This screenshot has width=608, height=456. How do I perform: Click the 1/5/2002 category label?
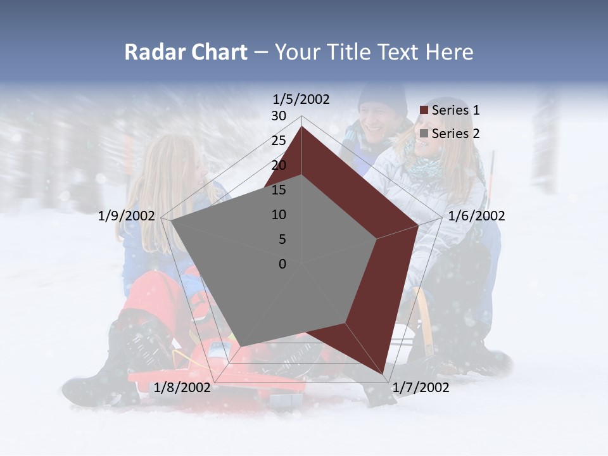301,99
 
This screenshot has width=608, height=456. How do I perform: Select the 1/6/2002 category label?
476,216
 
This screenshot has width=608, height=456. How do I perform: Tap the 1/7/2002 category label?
421,387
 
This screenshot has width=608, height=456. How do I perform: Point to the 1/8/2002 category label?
182,387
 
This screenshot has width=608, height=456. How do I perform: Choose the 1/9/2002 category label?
127,216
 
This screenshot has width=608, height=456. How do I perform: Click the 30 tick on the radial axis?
279,116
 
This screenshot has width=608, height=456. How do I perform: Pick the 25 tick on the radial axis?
279,141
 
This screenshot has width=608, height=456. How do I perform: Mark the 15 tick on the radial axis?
279,190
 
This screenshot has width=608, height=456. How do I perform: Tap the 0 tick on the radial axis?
282,264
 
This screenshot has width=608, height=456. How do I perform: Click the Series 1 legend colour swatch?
424,110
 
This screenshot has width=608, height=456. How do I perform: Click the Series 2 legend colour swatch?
424,134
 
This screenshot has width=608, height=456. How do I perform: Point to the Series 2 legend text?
455,134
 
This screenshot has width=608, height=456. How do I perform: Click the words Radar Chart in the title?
186,52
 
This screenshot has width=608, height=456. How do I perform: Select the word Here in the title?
449,52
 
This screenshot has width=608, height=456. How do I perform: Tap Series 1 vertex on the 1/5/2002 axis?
301,127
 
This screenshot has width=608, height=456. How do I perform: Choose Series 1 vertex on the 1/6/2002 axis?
418,225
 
